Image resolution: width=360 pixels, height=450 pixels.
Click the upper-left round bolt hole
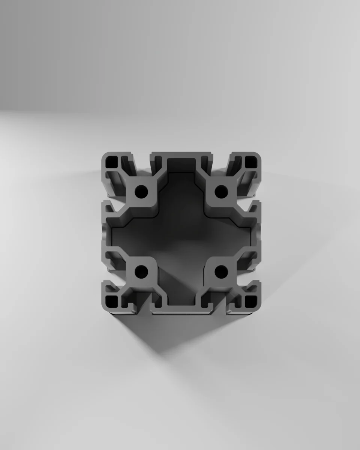141,192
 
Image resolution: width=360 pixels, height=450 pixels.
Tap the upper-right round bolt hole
221,192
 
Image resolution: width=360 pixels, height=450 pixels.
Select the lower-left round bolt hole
141,270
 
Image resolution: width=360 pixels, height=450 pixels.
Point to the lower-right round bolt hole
221,270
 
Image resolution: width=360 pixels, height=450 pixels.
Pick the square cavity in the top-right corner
250,162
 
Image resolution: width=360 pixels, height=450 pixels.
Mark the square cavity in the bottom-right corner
250,301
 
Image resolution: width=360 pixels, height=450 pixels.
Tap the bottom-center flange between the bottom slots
181,309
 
